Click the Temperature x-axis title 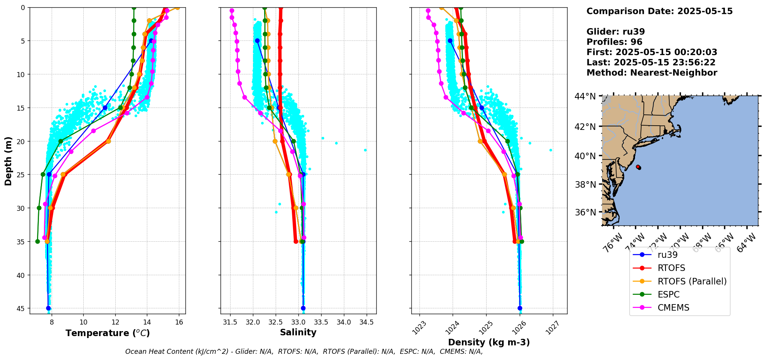tap(108, 333)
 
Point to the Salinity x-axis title tap(298, 332)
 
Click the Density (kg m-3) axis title tap(489, 342)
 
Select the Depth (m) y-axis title tap(8, 161)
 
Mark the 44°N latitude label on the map tap(585, 96)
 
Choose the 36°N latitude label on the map tap(585, 212)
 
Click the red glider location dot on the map tap(638, 167)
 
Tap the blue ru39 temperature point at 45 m tap(48, 308)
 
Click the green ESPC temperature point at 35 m tap(37, 242)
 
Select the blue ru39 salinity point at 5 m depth tap(257, 40)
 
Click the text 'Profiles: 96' tap(614, 42)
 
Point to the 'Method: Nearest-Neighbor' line tap(652, 73)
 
